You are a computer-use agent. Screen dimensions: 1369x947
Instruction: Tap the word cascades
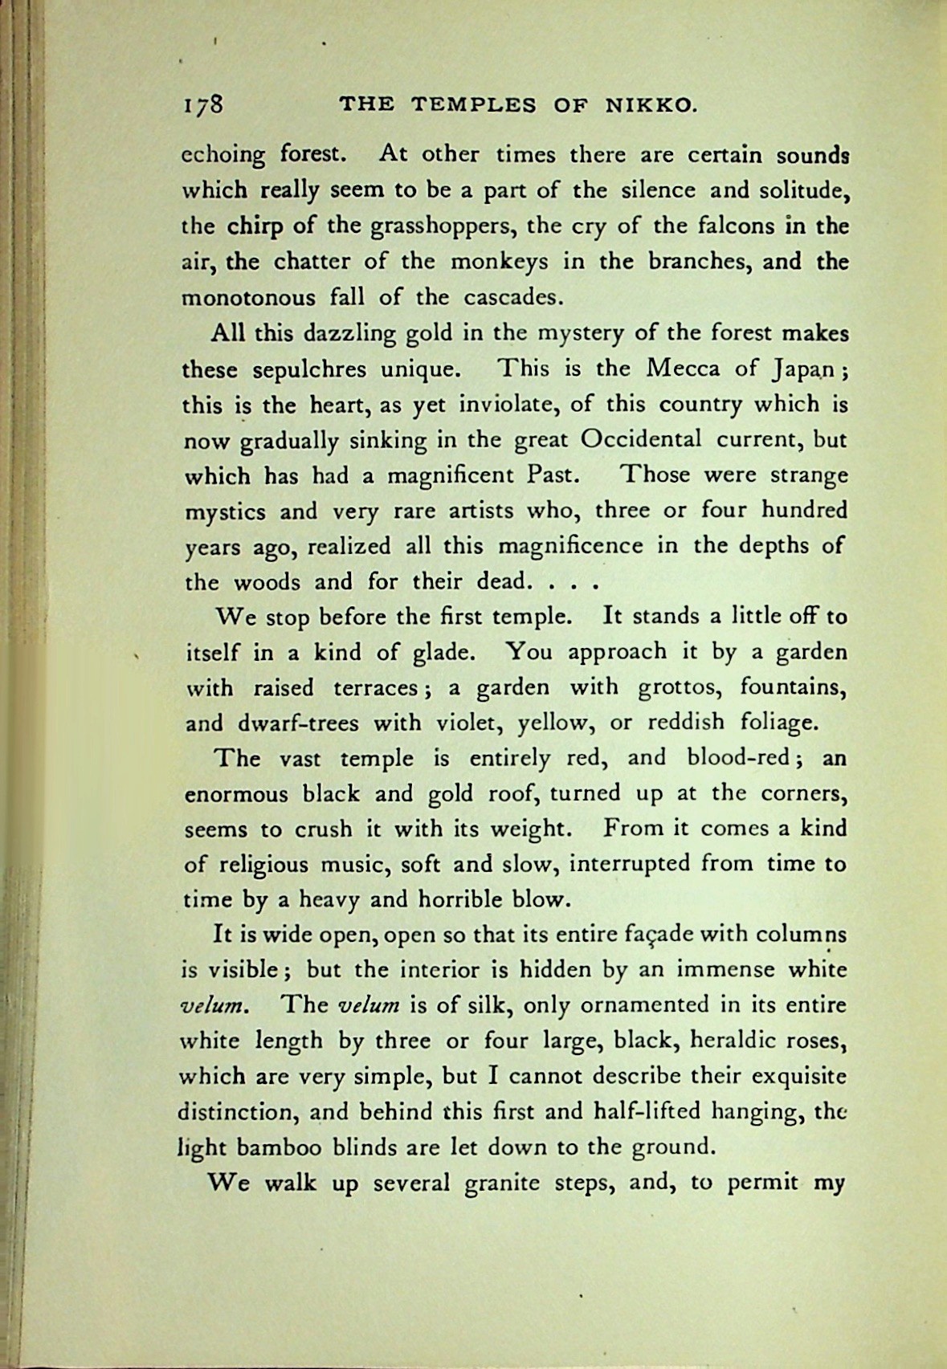coord(510,297)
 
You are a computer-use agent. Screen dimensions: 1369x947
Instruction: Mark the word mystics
coord(226,511)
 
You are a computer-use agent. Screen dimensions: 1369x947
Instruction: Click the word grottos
coord(678,687)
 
